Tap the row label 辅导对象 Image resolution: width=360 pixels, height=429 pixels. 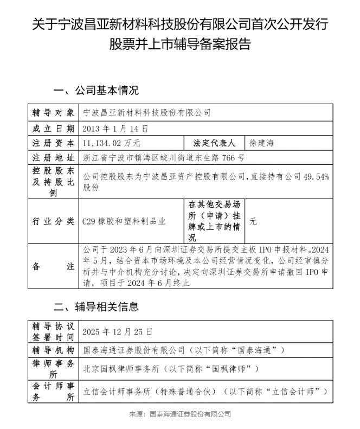point(53,113)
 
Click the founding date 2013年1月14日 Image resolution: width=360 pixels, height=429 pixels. point(114,129)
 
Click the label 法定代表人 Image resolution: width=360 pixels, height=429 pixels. point(214,143)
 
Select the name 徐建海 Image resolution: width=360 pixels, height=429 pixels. point(261,143)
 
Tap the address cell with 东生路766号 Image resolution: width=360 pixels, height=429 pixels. point(163,158)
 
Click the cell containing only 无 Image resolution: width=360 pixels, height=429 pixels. point(253,221)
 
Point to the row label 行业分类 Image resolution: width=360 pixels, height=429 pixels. point(53,221)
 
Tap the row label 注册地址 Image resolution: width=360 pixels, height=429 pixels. point(53,158)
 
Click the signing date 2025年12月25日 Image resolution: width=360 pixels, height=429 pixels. point(117,331)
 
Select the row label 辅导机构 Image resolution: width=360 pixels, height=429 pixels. point(53,350)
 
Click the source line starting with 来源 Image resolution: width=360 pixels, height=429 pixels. point(179,414)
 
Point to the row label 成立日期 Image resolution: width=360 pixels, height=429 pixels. point(53,129)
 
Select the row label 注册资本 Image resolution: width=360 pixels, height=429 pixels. point(53,143)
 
